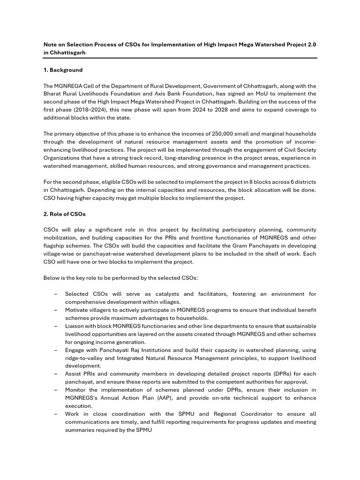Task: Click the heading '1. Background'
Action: click(x=63, y=70)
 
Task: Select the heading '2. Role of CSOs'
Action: click(x=64, y=214)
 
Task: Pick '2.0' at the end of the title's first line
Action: click(x=311, y=45)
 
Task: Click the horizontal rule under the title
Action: click(x=180, y=58)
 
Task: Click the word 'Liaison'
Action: click(x=75, y=326)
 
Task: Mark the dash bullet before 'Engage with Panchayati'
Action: click(x=56, y=350)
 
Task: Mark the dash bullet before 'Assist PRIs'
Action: click(x=56, y=374)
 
